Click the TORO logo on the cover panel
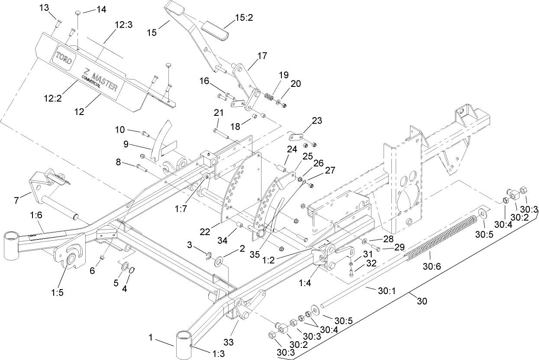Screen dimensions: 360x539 tap(63, 58)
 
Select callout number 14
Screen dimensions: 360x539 tap(101, 10)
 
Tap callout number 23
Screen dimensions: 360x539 tap(317, 121)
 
